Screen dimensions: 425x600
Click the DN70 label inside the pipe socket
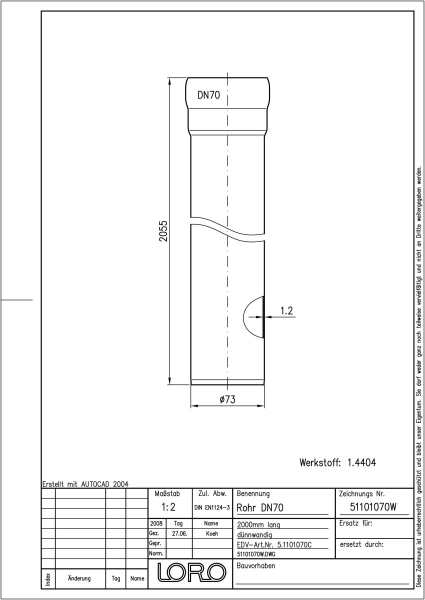pos(208,95)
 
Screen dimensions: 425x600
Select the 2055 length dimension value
pos(163,231)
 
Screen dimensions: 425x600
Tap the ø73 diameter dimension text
pos(227,399)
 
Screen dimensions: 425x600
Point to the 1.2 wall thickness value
pos(286,310)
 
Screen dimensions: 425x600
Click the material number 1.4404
pos(361,462)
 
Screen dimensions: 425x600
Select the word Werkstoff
pos(320,462)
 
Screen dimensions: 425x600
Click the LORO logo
pos(191,572)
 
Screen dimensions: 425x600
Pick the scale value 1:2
pos(168,507)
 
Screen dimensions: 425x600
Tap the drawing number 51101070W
pos(373,507)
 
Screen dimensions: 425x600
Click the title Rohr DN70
pos(260,507)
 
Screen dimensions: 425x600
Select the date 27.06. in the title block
pos(179,533)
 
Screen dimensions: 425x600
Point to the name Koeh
pos(212,533)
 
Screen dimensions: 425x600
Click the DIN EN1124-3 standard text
pos(212,507)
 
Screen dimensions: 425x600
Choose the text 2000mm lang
pos(258,524)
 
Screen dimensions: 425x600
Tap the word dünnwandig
pos(254,535)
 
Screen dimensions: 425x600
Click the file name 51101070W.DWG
pos(256,554)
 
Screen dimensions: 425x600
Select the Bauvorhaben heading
pos(255,565)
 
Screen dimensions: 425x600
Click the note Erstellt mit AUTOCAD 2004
pos(85,484)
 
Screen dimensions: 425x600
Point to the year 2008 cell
pos(156,523)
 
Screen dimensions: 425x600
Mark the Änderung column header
pos(79,578)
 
